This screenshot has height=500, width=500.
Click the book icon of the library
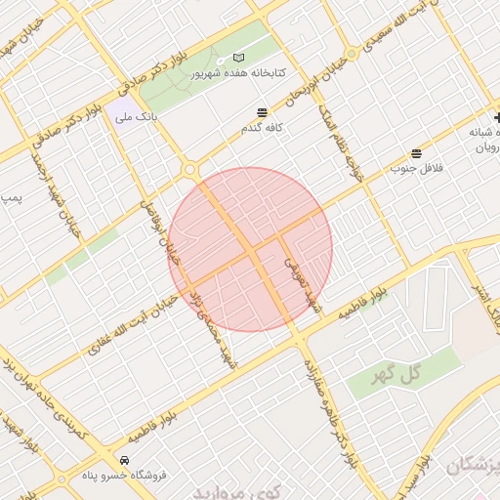tap(240, 59)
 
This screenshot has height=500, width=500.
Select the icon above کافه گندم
tap(262, 112)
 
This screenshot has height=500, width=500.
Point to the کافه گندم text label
tap(262, 128)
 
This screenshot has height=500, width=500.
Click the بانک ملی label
tap(137, 117)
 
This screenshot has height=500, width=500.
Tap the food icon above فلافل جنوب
tap(417, 153)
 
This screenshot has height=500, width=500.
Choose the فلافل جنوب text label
tap(417, 168)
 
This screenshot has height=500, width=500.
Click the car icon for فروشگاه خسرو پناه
tap(124, 460)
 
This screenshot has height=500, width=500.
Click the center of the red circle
tap(250, 250)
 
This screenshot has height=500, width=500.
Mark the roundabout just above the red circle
tap(187, 170)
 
